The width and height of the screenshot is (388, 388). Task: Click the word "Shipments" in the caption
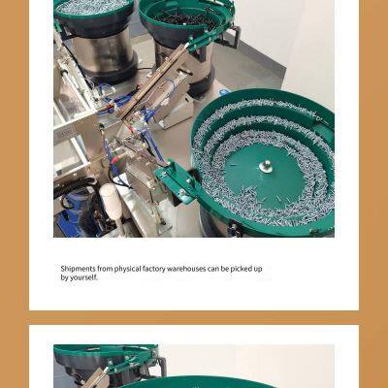[79, 269]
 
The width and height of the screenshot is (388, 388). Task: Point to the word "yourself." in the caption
[82, 277]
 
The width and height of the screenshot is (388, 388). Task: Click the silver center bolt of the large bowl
[265, 166]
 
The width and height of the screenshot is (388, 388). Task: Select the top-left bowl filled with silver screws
[93, 10]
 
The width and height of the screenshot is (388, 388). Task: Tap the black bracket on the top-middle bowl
[231, 37]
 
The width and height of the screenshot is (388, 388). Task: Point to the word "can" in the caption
[218, 269]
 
